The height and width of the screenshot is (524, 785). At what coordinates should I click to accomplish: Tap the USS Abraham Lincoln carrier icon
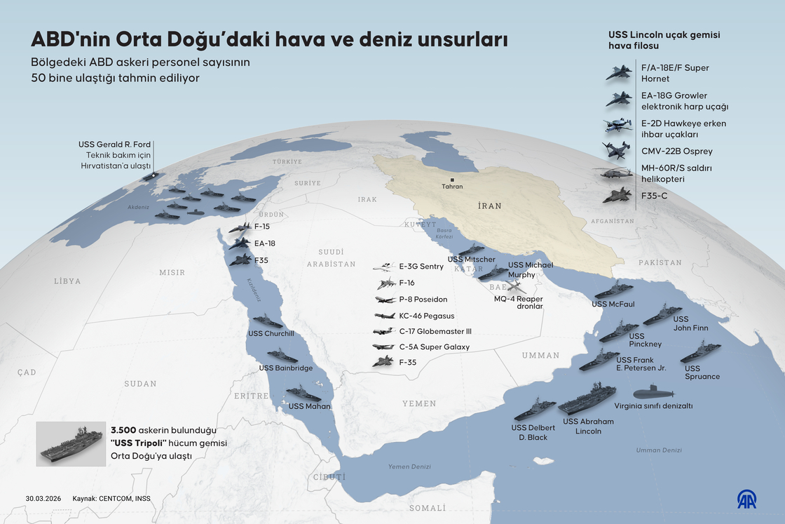pyautogui.click(x=587, y=398)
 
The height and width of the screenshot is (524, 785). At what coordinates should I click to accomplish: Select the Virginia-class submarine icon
pyautogui.click(x=653, y=393)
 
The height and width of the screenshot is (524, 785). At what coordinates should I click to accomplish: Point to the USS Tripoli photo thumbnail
pyautogui.click(x=71, y=444)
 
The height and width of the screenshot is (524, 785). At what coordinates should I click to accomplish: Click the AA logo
pyautogui.click(x=746, y=499)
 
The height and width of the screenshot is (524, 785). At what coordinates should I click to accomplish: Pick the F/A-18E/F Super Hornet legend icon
pyautogui.click(x=619, y=72)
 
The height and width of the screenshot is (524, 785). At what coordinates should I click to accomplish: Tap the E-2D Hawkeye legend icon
pyautogui.click(x=617, y=126)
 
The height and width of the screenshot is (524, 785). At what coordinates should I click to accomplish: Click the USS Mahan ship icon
pyautogui.click(x=303, y=393)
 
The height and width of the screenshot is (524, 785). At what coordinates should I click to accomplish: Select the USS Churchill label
pyautogui.click(x=271, y=333)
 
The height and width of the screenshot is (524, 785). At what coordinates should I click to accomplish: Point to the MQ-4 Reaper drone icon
pyautogui.click(x=515, y=287)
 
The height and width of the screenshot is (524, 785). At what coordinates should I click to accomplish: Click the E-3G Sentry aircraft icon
pyautogui.click(x=384, y=267)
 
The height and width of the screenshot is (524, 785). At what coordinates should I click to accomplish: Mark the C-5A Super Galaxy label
pyautogui.click(x=434, y=347)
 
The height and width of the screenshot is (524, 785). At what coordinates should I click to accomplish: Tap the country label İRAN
pyautogui.click(x=490, y=206)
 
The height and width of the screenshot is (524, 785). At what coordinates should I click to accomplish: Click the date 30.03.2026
pyautogui.click(x=43, y=499)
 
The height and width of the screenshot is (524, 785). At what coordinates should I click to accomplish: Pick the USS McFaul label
pyautogui.click(x=613, y=304)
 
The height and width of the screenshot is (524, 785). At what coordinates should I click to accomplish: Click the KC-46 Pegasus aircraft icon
pyautogui.click(x=385, y=316)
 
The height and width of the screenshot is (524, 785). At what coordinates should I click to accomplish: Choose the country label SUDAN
pyautogui.click(x=140, y=384)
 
